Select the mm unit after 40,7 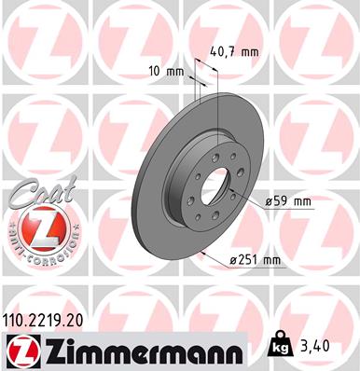249,52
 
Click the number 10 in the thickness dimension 155,71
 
